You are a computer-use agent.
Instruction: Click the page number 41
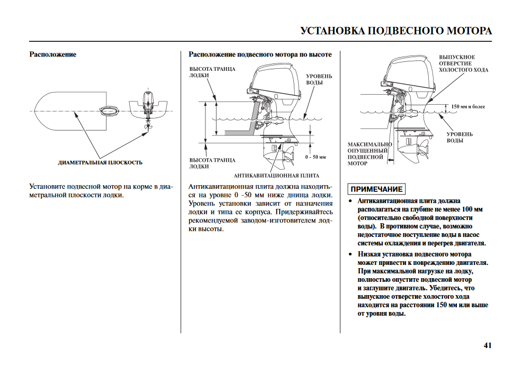coord(487,346)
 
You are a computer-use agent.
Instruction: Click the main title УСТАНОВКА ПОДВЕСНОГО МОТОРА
coord(396,31)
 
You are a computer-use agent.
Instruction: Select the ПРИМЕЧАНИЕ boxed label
coord(376,189)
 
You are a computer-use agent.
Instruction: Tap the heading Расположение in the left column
coord(53,54)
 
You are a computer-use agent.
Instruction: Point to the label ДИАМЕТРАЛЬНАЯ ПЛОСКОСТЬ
coord(100,162)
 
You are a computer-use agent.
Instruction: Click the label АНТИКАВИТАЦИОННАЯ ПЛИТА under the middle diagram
coord(276,175)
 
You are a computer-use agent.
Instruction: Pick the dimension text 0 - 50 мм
coord(316,158)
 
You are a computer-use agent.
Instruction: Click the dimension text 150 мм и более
coord(468,107)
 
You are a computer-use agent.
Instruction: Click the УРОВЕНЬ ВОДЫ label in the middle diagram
coord(319,80)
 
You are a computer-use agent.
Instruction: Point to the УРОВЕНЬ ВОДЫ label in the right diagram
coord(459,137)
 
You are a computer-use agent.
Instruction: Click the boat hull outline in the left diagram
coord(69,112)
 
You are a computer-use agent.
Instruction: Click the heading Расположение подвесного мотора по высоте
coord(260,54)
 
